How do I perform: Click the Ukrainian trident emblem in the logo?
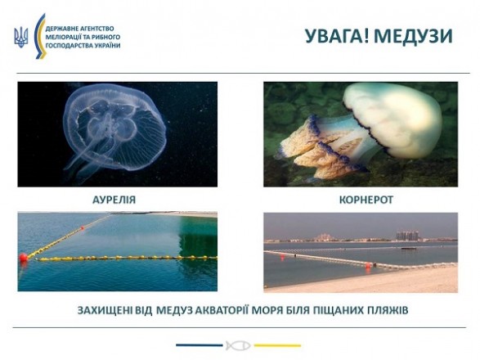click(x=21, y=38)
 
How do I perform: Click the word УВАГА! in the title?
click(x=338, y=36)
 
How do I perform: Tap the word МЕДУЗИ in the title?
click(x=413, y=36)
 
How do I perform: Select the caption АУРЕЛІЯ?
click(x=114, y=200)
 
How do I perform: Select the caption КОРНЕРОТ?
click(x=366, y=200)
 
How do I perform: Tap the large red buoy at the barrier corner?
click(x=23, y=257)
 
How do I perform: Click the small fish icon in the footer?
click(x=238, y=345)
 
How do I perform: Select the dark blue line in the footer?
click(x=200, y=345)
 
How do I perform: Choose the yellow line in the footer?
click(x=277, y=345)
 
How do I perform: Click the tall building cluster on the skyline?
click(x=407, y=236)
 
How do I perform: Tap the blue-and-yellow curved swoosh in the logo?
click(x=39, y=36)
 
